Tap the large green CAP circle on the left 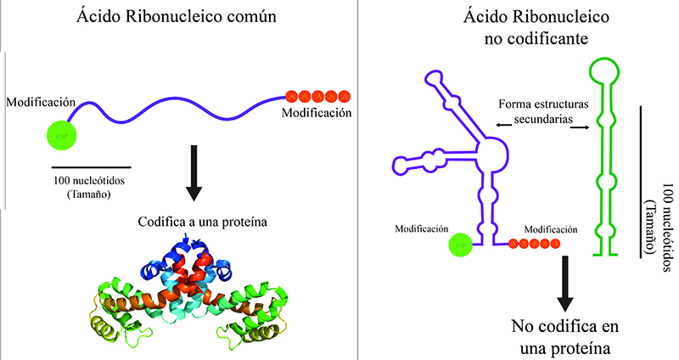[61, 134]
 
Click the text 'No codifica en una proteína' [562, 338]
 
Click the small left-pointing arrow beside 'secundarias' [503, 125]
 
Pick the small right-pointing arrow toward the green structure [581, 128]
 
